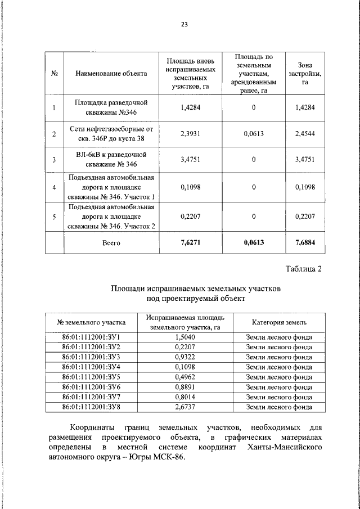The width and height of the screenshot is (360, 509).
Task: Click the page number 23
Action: (184, 24)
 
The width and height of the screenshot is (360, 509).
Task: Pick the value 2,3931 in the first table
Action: (191, 134)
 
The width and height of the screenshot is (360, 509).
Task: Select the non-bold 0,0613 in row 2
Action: (254, 134)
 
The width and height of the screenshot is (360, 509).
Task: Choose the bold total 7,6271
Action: (191, 243)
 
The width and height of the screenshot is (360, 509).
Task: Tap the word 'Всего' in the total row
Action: (111, 243)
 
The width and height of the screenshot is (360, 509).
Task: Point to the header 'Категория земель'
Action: (279, 322)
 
